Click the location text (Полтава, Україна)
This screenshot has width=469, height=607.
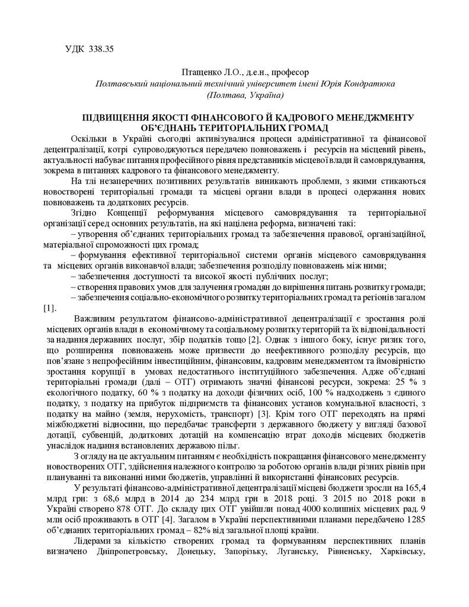click(245, 95)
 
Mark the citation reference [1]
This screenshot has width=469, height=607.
click(50, 308)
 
